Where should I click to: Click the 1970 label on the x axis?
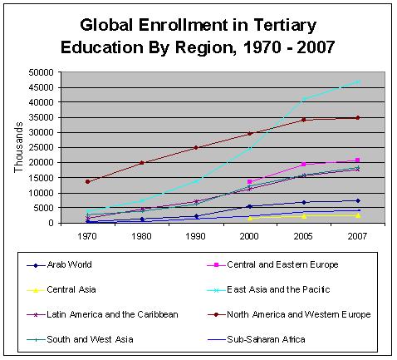coord(88,235)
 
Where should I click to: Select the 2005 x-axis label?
coord(304,235)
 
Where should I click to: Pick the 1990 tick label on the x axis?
coord(196,235)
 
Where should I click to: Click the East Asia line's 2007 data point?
coord(357,81)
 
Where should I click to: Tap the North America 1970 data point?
coord(88,181)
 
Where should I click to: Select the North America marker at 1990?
coord(196,147)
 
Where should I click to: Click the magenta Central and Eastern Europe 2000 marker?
coord(250,181)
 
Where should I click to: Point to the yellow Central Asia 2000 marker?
coord(250,219)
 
